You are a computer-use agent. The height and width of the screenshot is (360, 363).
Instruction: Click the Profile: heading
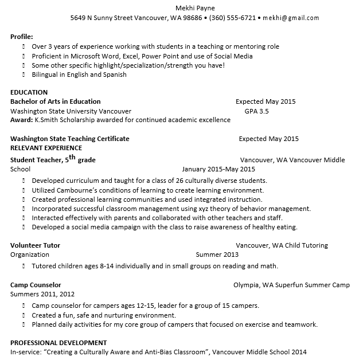point(21,37)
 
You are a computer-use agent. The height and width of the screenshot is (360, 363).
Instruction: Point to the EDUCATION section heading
point(29,92)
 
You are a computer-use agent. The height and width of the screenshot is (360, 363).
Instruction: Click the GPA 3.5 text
point(256,111)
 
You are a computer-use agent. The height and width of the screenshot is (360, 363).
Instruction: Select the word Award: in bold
point(22,120)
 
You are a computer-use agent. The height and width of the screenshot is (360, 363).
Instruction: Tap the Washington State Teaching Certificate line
point(70,139)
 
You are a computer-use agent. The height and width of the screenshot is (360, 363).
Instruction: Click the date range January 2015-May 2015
point(218,170)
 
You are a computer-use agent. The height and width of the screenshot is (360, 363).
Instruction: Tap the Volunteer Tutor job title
point(35,245)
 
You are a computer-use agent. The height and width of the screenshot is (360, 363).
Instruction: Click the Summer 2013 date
point(217,255)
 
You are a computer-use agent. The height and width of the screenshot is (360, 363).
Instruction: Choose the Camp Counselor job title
point(36,285)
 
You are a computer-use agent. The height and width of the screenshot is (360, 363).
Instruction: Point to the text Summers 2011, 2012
point(42,294)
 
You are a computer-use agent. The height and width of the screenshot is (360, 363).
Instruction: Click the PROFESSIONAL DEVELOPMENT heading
point(58,342)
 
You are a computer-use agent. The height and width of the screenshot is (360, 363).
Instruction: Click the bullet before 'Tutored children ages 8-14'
point(24,266)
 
